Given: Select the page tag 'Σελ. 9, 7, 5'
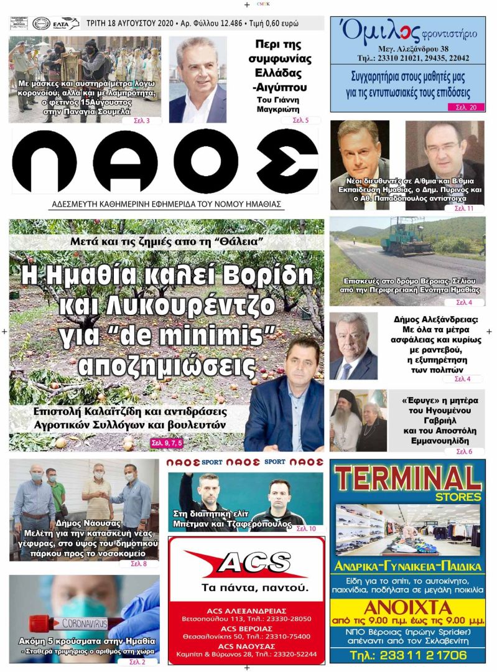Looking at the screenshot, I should (170, 443).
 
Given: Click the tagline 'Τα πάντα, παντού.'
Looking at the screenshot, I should (246, 587).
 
